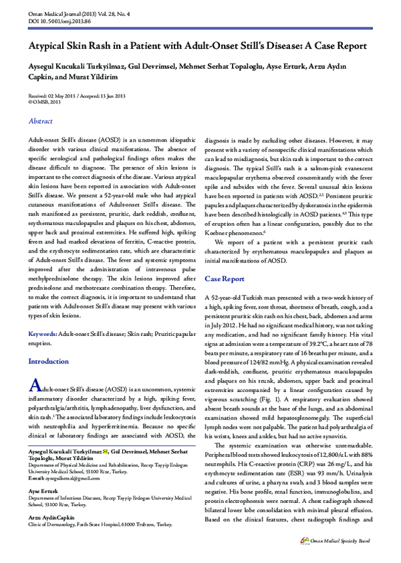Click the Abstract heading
pyautogui.click(x=40, y=121)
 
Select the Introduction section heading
pyautogui.click(x=47, y=361)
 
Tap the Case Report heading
pyautogui.click(x=224, y=278)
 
